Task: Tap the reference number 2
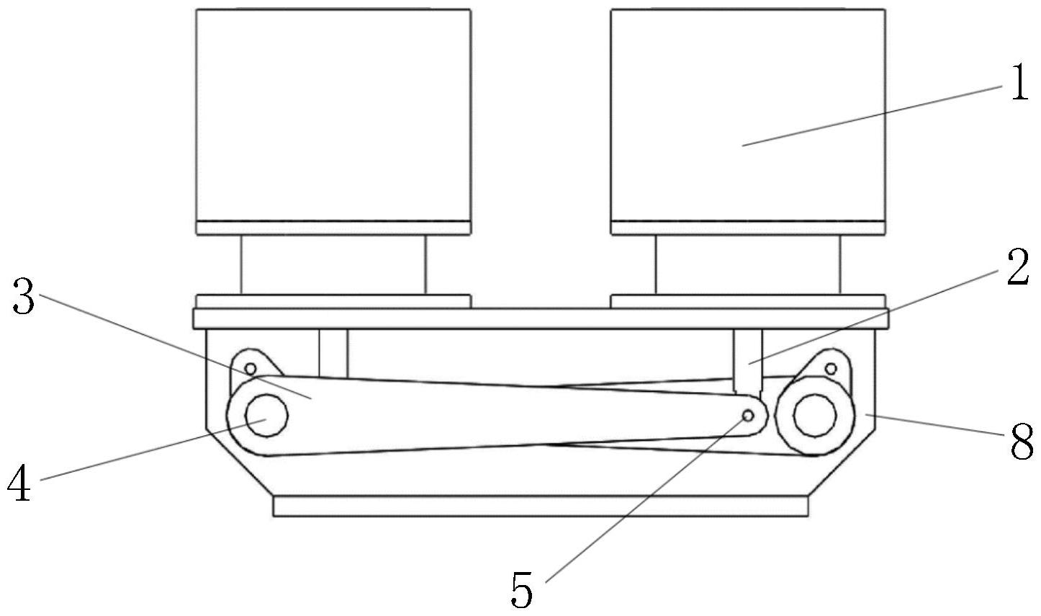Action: (x=1016, y=269)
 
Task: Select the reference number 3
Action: (x=24, y=298)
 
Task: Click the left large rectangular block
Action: (x=333, y=115)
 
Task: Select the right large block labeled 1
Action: (x=747, y=115)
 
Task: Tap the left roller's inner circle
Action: (x=266, y=416)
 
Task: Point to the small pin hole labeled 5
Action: (x=748, y=416)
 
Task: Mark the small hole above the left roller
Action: (x=250, y=369)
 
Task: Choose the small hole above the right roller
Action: (x=831, y=369)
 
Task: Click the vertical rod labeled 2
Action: (x=747, y=357)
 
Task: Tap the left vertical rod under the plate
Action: (x=333, y=352)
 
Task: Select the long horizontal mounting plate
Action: (x=540, y=318)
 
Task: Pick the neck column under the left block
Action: (x=333, y=264)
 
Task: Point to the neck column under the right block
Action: (x=747, y=264)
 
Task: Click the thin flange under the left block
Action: (x=333, y=228)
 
